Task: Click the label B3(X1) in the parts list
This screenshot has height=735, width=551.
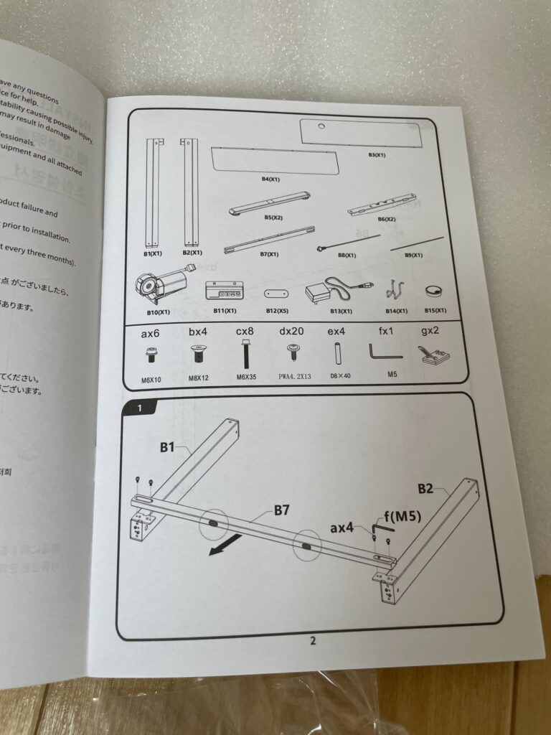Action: [377, 154]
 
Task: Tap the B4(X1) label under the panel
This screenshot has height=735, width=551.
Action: [270, 179]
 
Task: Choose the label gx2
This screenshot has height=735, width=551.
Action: [431, 333]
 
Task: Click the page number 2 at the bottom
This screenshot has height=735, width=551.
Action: [313, 641]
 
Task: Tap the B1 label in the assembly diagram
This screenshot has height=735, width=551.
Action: [168, 447]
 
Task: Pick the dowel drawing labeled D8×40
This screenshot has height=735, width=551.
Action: [336, 355]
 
